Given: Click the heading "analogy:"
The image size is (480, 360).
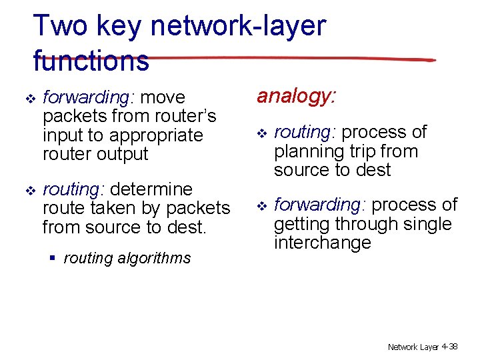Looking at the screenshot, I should [297, 97].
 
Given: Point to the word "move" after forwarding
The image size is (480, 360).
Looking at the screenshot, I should [163, 97].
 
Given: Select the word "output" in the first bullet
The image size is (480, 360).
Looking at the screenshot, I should [120, 154].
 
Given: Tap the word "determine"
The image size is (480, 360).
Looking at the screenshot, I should [152, 190].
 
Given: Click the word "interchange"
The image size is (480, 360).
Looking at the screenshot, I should [322, 242].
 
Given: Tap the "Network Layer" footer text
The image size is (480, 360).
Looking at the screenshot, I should [413, 347].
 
